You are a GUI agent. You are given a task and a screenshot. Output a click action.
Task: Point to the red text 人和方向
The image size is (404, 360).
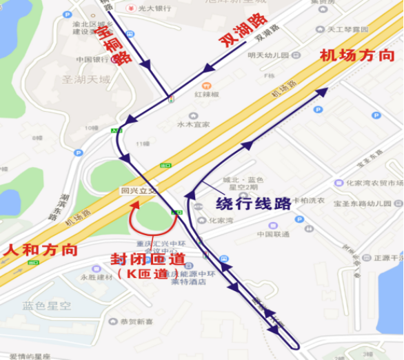(x=39, y=250)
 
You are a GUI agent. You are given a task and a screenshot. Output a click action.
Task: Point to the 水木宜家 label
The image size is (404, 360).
(x=194, y=125)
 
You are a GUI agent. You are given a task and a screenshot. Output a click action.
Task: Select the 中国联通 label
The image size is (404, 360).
(x=272, y=234)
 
